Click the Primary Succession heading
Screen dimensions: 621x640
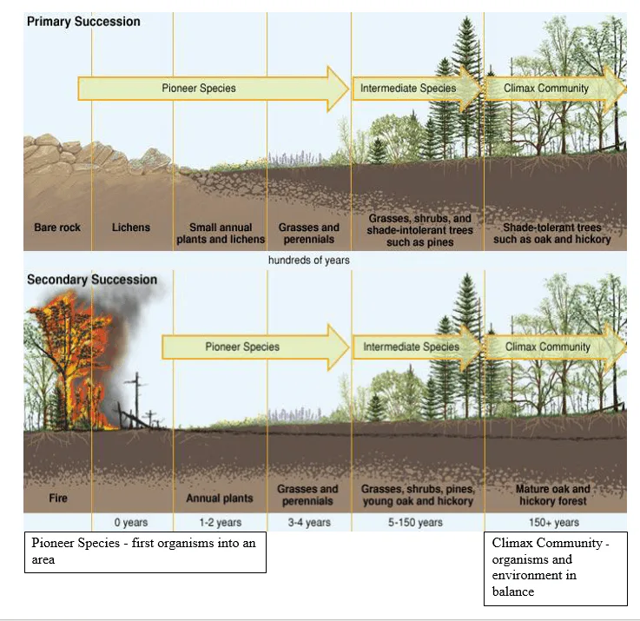83,22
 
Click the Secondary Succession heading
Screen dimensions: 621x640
92,280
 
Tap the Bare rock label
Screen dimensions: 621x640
57,228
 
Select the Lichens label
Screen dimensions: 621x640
131,228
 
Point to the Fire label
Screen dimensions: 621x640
56,499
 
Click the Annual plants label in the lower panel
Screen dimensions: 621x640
220,499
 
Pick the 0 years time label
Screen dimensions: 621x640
132,523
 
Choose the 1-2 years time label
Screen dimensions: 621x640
220,523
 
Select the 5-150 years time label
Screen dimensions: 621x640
417,523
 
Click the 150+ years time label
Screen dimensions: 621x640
554,523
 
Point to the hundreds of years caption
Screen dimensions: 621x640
309,260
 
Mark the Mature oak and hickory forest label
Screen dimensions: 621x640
553,495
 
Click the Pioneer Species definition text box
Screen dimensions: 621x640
145,552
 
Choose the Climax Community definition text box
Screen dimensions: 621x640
555,568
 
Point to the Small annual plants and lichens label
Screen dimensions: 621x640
219,233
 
